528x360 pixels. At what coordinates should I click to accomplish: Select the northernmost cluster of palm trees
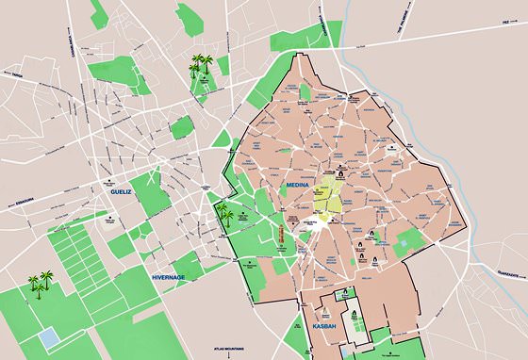201,65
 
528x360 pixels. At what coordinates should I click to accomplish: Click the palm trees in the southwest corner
39,283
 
